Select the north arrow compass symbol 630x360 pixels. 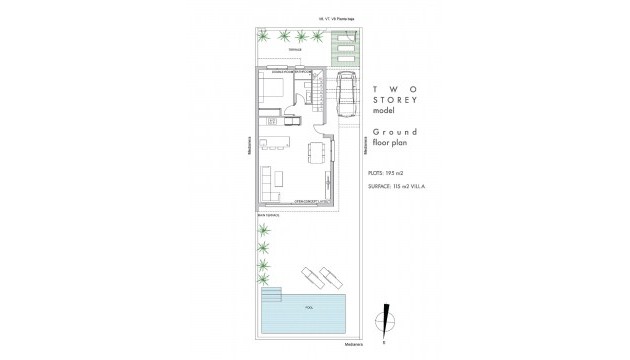[x=382, y=323]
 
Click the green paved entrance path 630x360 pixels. [x=339, y=46]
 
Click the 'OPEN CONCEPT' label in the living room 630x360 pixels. [x=305, y=201]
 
